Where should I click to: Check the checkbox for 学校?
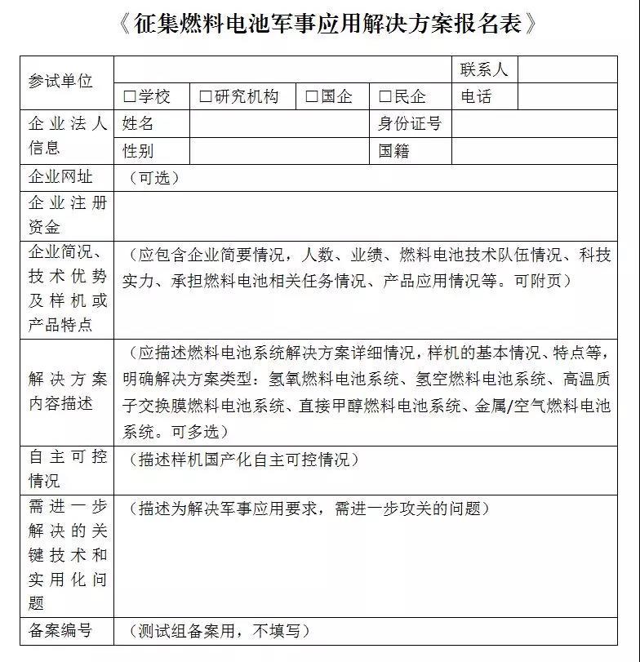click(x=129, y=96)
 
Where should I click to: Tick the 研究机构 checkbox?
click(x=204, y=96)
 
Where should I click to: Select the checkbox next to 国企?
click(x=311, y=96)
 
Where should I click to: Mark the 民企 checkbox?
click(x=384, y=96)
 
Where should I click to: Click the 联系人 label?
click(x=484, y=70)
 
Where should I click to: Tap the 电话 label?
click(x=476, y=96)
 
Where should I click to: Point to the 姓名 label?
click(x=138, y=124)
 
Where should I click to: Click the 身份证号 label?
click(x=410, y=124)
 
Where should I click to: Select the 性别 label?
click(x=138, y=151)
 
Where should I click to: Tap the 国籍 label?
click(x=393, y=151)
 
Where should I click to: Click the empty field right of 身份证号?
click(x=534, y=124)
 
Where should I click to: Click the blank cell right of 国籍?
click(x=534, y=151)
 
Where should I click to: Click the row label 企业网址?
click(x=60, y=177)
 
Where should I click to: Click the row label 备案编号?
click(x=60, y=630)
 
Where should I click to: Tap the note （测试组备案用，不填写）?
click(x=220, y=631)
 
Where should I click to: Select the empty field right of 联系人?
click(x=567, y=70)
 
